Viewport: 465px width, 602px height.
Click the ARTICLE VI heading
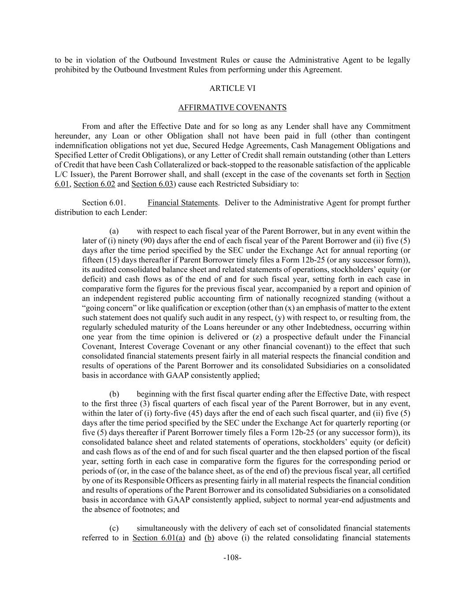click(232, 88)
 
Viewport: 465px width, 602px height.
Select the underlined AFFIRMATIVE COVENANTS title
click(232, 108)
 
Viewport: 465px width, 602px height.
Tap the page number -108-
click(232, 557)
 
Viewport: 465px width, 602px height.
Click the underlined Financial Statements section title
click(182, 203)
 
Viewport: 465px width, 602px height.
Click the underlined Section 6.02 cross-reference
click(94, 184)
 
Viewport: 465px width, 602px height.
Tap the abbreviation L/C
click(61, 175)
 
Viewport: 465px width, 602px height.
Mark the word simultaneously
click(165, 528)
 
